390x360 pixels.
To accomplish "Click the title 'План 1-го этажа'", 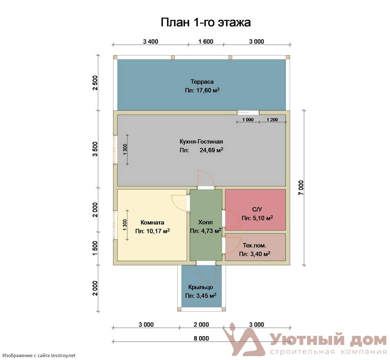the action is click(205, 22).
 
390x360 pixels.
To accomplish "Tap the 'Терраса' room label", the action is click(202, 82).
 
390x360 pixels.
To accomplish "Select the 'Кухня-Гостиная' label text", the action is click(201, 142).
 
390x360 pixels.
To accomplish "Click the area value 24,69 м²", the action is click(211, 150).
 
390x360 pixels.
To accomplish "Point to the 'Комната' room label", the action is click(152, 222).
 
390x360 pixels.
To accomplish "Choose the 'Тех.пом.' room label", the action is click(254, 246).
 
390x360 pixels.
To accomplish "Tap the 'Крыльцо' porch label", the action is click(200, 287).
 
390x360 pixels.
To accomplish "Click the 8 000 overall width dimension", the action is click(201, 338).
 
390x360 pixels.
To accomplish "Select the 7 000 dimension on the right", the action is click(301, 188).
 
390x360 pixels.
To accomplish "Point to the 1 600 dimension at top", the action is click(206, 42).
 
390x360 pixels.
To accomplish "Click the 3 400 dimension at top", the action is click(151, 42).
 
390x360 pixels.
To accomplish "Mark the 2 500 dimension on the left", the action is click(95, 83).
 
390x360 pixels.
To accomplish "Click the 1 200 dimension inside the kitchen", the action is click(272, 120).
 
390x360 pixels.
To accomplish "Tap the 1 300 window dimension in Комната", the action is click(125, 225).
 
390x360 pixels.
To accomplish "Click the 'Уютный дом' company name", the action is click(328, 340).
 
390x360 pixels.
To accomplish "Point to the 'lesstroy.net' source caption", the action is click(63, 356).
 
